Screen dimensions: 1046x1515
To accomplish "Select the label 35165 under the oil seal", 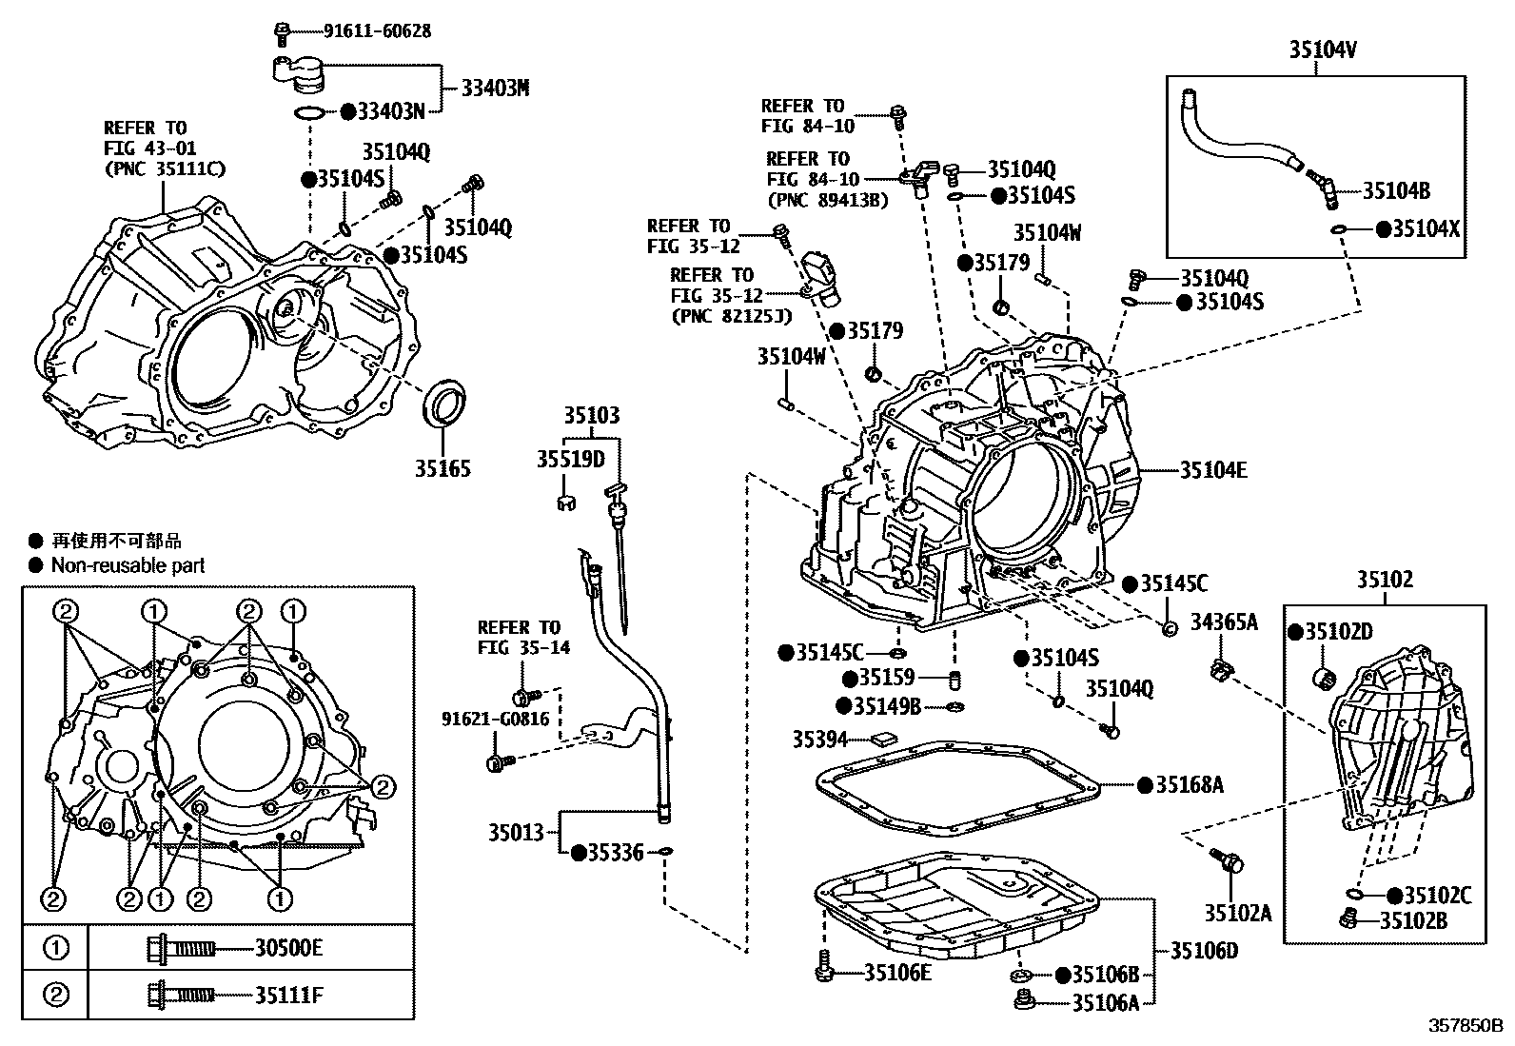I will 443,468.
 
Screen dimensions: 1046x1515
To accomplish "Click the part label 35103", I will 591,415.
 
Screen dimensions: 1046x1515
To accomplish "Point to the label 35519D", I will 570,460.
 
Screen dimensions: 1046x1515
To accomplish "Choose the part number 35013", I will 516,833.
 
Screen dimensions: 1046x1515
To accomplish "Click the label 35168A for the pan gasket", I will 1190,785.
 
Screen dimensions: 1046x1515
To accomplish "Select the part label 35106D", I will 1204,951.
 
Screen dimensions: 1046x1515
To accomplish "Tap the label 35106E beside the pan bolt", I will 897,973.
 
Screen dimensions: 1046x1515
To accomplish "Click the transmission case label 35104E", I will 1213,469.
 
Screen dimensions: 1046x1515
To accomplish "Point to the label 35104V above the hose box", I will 1323,49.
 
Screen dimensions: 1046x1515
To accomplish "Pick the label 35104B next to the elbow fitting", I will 1396,190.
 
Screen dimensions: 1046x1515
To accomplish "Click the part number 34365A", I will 1224,622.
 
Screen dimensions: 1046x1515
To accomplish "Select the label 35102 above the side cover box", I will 1385,579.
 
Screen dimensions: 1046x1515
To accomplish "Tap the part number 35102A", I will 1237,913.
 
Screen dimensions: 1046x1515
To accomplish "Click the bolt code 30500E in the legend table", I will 288,948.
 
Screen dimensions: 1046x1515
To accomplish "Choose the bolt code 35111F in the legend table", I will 288,997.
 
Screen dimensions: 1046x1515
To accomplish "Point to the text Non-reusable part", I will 128,565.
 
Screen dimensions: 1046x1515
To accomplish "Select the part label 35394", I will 820,739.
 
